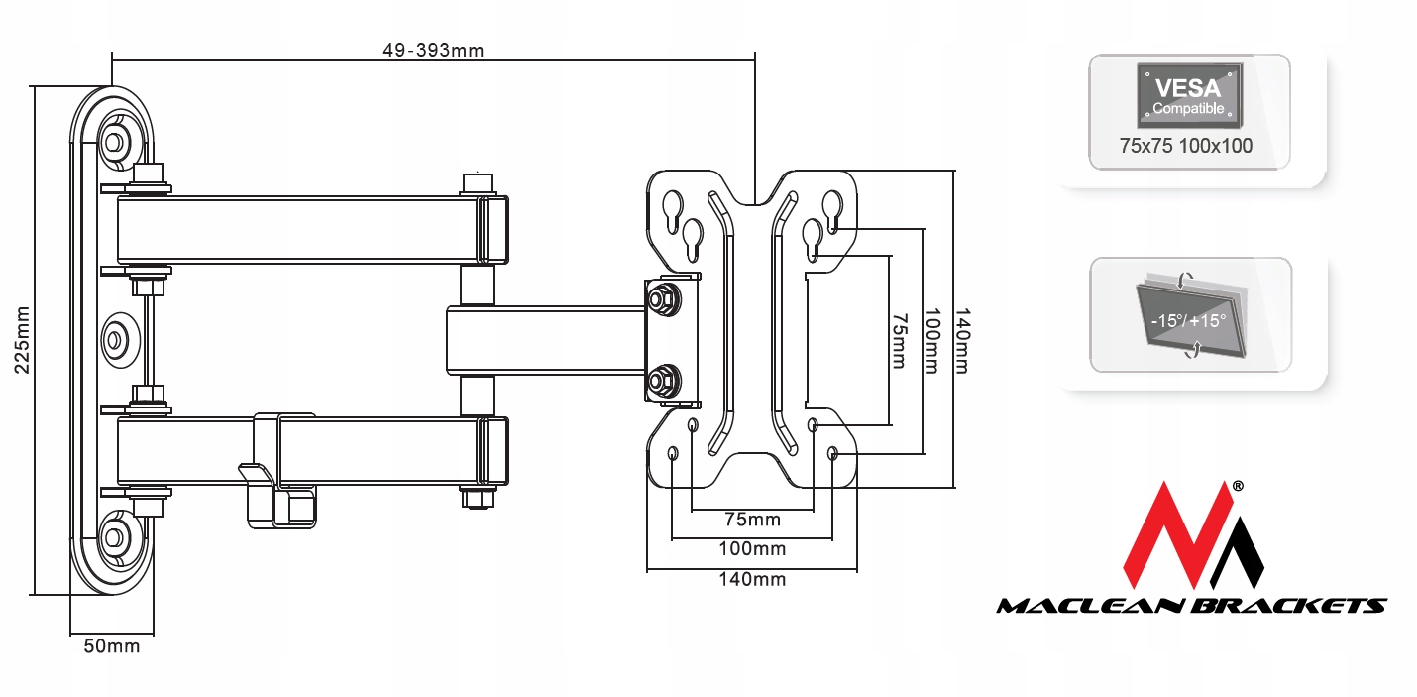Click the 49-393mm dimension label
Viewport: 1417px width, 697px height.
pyautogui.click(x=433, y=51)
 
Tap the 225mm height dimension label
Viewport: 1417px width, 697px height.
pyautogui.click(x=21, y=339)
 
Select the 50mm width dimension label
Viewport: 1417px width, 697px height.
pyautogui.click(x=111, y=647)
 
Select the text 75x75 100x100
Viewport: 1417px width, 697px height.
pyautogui.click(x=1185, y=146)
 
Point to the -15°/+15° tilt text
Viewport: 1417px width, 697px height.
pyautogui.click(x=1188, y=321)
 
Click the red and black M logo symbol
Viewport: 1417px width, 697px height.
pyautogui.click(x=1193, y=536)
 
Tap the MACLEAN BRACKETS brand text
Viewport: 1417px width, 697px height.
pyautogui.click(x=1191, y=605)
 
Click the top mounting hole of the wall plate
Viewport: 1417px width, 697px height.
pyautogui.click(x=114, y=141)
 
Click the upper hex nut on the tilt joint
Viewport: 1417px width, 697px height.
pyautogui.click(x=660, y=296)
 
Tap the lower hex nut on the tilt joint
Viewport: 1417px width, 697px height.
pyautogui.click(x=660, y=378)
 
